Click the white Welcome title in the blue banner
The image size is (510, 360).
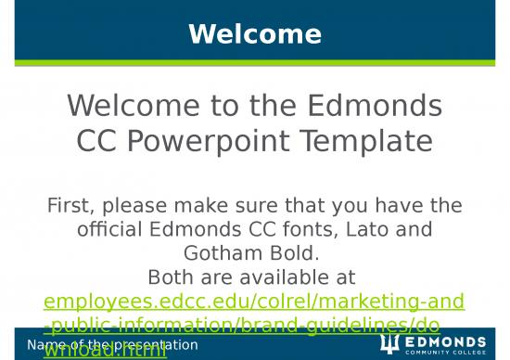(255, 34)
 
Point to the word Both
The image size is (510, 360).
(173, 276)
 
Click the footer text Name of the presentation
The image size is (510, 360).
(112, 345)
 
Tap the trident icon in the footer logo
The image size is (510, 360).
(389, 341)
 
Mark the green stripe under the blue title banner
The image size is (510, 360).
(255, 63)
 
